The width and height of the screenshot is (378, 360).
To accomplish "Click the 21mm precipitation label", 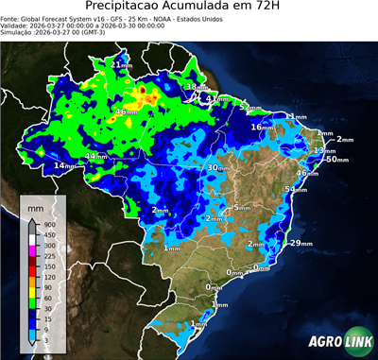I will [x=122, y=64].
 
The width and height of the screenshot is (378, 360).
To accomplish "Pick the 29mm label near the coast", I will [x=301, y=244].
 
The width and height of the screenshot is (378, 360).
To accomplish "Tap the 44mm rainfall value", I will [x=95, y=156].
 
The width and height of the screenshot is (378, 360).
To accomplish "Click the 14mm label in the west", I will [x=64, y=166].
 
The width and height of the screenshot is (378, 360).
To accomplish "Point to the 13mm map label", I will [x=324, y=151].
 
